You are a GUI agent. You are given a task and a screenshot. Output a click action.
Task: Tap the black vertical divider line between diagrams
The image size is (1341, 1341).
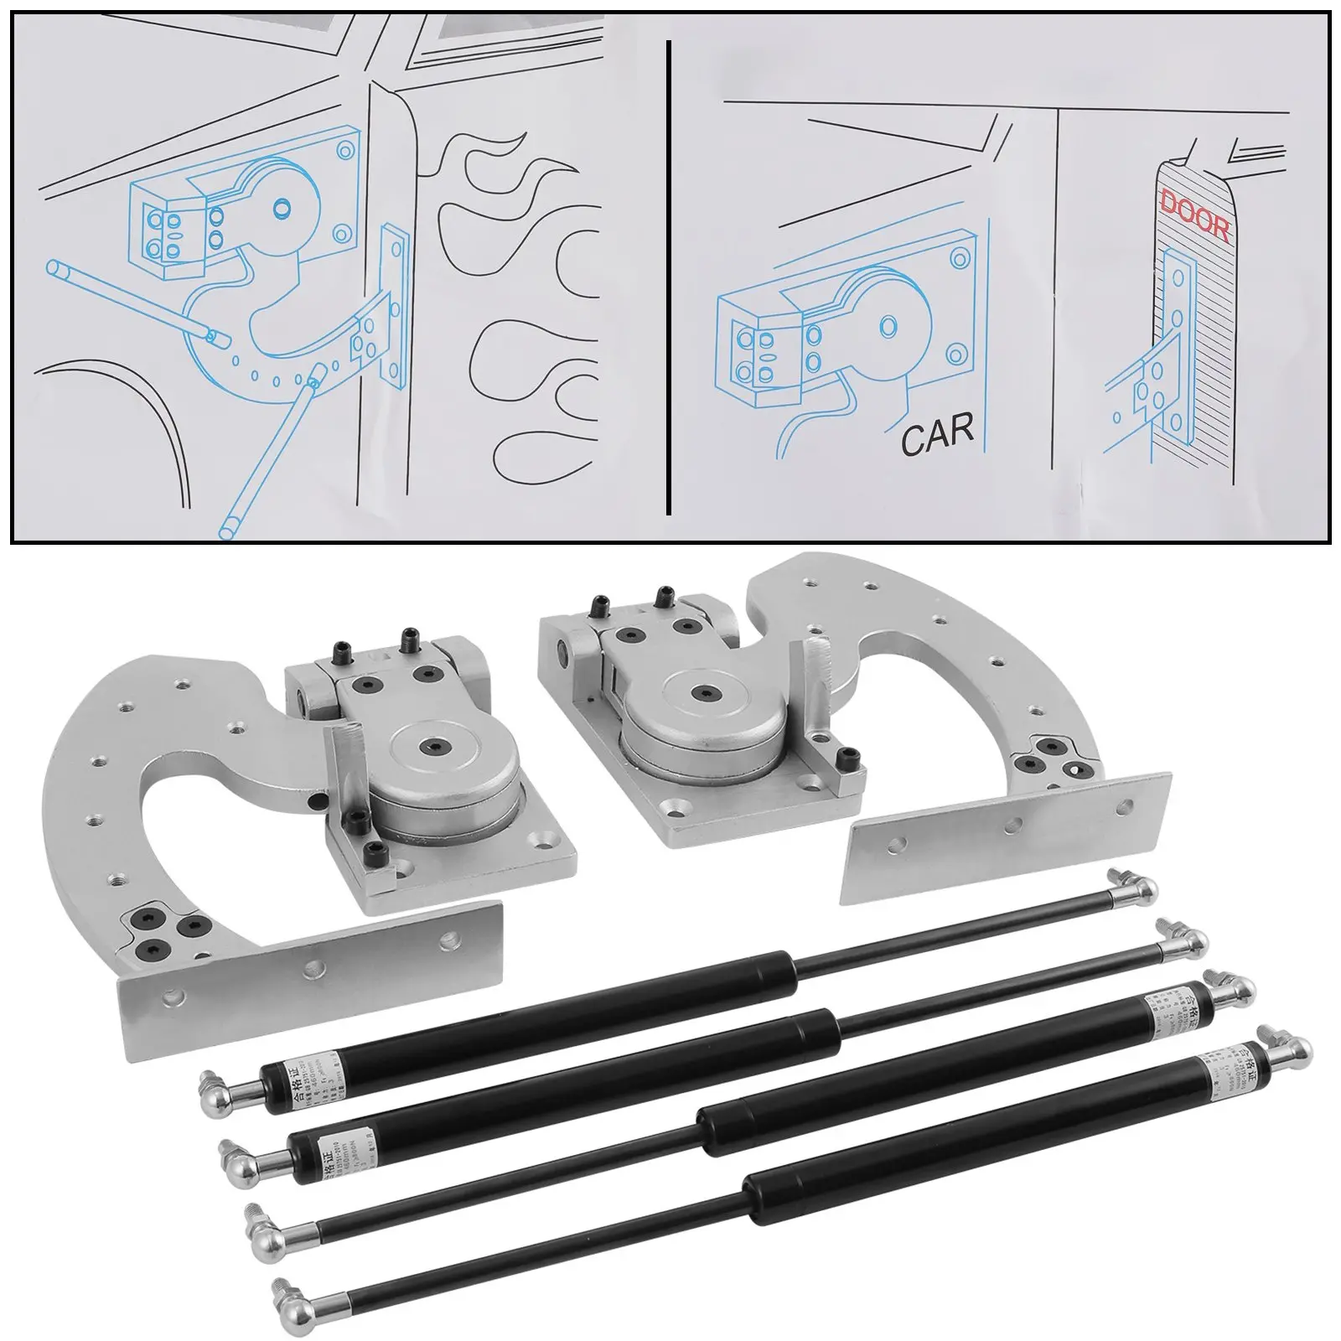point(668,277)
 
